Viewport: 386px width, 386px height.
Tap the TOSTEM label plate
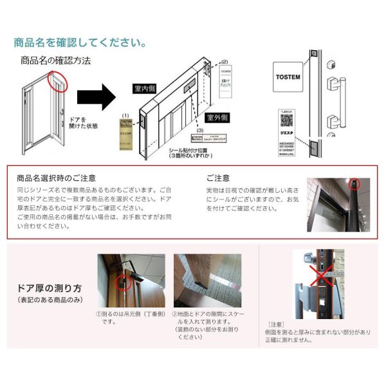coord(288,75)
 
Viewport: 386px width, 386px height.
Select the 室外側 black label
coord(217,118)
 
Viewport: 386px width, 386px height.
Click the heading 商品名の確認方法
coord(56,60)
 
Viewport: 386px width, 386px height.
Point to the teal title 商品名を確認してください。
coord(80,44)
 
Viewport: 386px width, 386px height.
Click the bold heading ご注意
coord(218,178)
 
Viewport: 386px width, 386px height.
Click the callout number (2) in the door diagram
coord(225,62)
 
